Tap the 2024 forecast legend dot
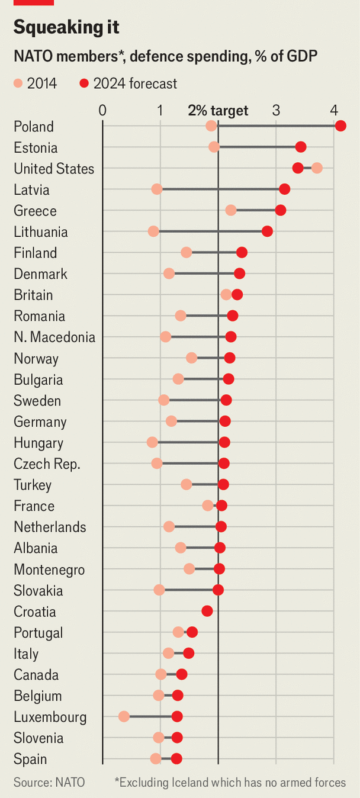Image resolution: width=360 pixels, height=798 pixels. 83,84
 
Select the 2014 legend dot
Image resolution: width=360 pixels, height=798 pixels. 18,84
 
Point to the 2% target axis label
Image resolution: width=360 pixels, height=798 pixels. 218,111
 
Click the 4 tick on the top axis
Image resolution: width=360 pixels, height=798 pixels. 335,111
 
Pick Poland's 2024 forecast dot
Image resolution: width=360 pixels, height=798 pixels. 340,126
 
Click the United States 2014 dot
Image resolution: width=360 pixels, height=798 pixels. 317,168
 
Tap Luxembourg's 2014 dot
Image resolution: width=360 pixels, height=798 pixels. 124,717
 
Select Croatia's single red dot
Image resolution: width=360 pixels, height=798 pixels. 207,612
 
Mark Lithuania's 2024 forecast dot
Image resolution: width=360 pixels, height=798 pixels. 267,231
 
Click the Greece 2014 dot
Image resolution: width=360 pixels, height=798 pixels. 231,210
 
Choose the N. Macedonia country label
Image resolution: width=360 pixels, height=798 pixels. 54,337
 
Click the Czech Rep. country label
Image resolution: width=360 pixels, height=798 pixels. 47,464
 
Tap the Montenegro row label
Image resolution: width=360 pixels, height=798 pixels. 49,569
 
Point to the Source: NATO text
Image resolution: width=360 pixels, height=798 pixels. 49,783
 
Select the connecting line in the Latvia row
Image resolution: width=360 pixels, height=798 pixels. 219,189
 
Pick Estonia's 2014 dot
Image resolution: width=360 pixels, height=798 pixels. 214,147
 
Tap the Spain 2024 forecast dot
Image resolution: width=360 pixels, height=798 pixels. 176,759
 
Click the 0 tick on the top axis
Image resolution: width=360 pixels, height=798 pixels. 102,111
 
